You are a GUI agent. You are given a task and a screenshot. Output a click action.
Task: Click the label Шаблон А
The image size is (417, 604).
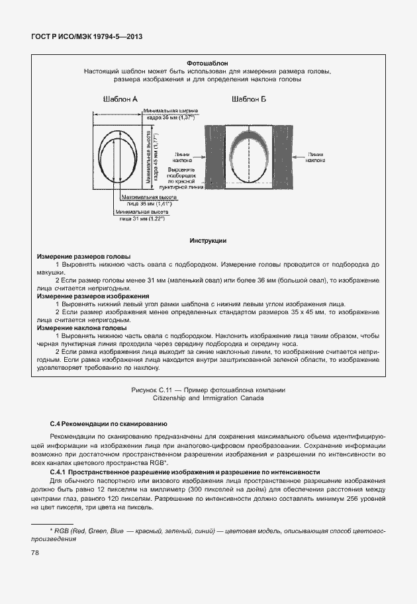120,99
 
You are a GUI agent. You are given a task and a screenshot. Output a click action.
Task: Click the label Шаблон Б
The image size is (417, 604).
249,99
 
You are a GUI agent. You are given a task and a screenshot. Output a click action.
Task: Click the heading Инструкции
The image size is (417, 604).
208,241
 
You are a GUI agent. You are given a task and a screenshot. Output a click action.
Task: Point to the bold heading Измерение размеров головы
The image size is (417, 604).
83,256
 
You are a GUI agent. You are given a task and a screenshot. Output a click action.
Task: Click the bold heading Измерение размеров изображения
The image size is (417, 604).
93,296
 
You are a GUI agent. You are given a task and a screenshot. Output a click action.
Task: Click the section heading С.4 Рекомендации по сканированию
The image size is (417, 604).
109,423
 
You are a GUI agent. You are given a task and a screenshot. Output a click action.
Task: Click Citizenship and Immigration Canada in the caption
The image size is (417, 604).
208,399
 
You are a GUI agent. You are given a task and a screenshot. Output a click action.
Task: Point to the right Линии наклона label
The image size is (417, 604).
315,156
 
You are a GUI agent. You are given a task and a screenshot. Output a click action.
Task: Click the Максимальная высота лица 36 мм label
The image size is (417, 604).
147,201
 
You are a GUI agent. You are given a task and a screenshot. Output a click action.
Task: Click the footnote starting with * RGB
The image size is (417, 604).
208,535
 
